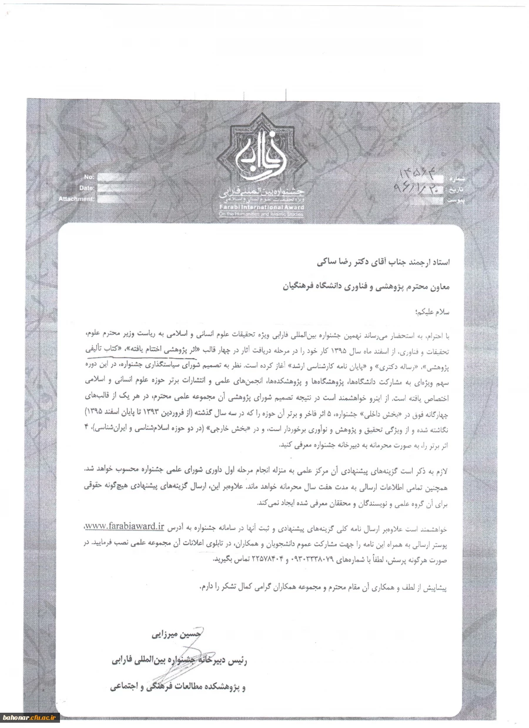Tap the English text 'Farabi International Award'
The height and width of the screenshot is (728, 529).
[x=260, y=208]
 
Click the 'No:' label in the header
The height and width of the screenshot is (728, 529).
[x=89, y=177]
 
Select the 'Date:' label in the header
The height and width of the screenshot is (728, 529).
[x=86, y=188]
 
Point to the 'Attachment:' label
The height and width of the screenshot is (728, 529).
[x=76, y=199]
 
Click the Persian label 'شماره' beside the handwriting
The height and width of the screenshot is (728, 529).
[x=456, y=178]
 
